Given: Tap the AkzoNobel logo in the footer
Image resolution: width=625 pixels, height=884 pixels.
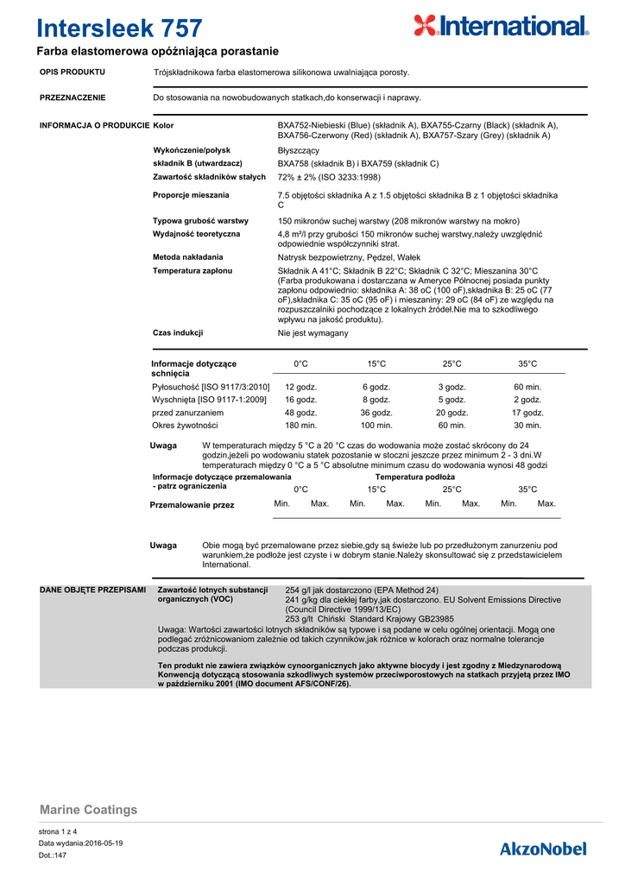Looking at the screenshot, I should tap(543, 849).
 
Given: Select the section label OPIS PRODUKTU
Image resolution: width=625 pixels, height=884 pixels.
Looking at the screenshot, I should tap(73, 72).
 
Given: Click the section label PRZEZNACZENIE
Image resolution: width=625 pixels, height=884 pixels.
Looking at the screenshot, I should tap(73, 98).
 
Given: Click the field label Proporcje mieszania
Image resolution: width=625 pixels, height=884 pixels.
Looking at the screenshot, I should tap(191, 195).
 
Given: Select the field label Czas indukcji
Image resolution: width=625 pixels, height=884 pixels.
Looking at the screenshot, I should tap(178, 332).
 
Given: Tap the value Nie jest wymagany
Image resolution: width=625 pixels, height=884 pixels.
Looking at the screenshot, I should tap(312, 332).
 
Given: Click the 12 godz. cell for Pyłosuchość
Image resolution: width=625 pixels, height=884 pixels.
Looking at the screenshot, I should tap(301, 387).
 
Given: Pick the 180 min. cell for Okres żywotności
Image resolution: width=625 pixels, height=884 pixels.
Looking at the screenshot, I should tap(301, 426).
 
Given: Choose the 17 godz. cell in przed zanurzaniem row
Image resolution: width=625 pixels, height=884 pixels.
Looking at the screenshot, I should tap(527, 413).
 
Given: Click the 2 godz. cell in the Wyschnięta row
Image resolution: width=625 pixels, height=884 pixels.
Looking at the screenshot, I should tap(527, 400).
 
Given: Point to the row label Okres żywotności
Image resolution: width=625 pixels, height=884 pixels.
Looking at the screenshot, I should tap(185, 426).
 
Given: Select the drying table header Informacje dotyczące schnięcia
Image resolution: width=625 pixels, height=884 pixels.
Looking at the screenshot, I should tap(193, 369).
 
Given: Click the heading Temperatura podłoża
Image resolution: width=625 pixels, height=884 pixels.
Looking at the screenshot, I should tap(414, 477).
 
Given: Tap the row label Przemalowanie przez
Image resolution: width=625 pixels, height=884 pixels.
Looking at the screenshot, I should tap(192, 504).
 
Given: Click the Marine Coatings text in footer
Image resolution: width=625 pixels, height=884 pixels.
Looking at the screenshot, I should tap(89, 810).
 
